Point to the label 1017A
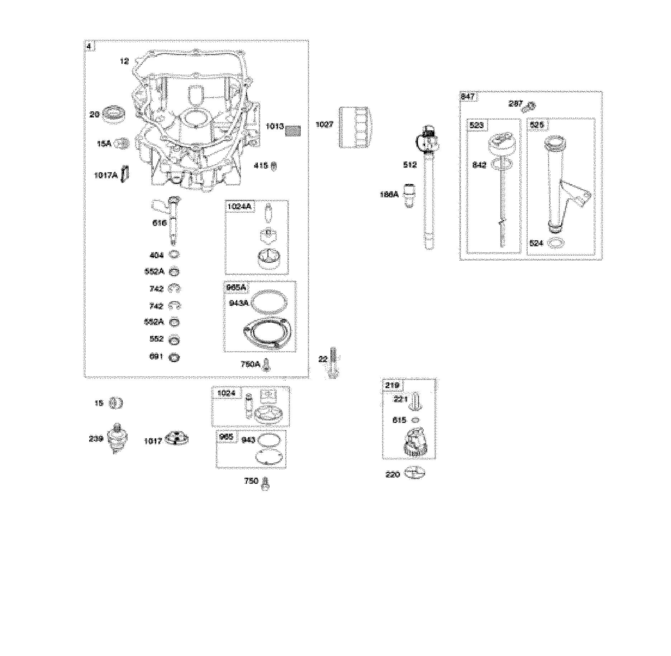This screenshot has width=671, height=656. tap(106, 175)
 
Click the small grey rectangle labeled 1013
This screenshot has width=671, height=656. tap(293, 131)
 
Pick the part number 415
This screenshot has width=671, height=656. tap(261, 166)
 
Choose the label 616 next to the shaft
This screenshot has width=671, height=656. tap(160, 223)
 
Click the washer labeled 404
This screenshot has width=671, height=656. tap(175, 255)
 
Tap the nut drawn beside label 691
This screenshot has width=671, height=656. tap(175, 357)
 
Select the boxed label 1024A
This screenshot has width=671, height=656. tap(239, 207)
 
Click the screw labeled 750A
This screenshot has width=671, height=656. tap(266, 364)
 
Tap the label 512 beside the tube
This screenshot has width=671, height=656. tap(410, 165)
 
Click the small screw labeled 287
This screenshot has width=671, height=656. tap(529, 106)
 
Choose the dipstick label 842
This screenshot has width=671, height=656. tap(479, 165)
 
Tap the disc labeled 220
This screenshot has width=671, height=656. tap(415, 473)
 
